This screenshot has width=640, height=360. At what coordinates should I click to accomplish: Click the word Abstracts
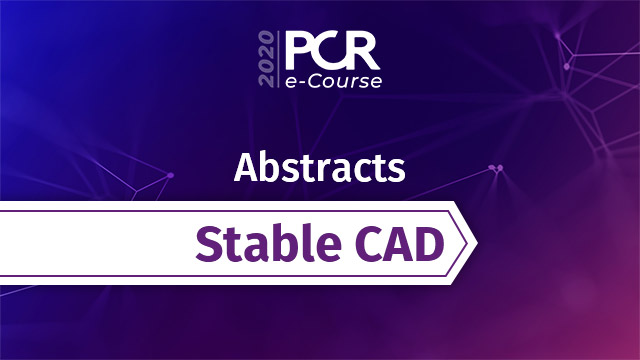tap(319, 167)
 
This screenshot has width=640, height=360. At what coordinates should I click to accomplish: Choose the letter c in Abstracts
tap(355, 169)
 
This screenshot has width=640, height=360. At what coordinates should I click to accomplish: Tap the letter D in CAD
tap(427, 244)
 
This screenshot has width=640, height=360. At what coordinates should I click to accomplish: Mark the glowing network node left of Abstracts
tap(170, 175)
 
